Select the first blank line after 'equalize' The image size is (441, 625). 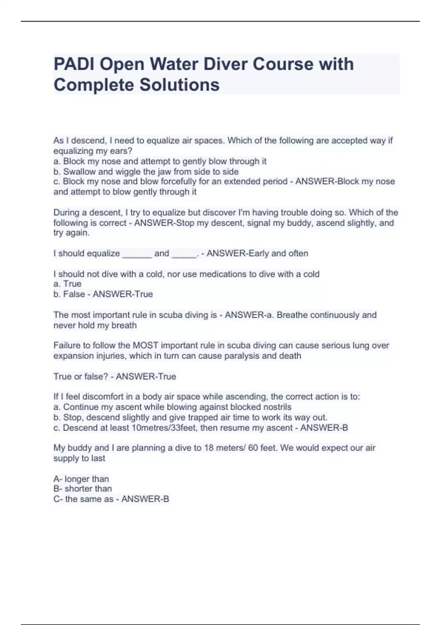(137, 254)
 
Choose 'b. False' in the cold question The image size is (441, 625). (69, 294)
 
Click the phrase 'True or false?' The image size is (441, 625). (80, 376)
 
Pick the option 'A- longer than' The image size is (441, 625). (81, 479)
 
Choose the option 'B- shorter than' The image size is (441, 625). (82, 489)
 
